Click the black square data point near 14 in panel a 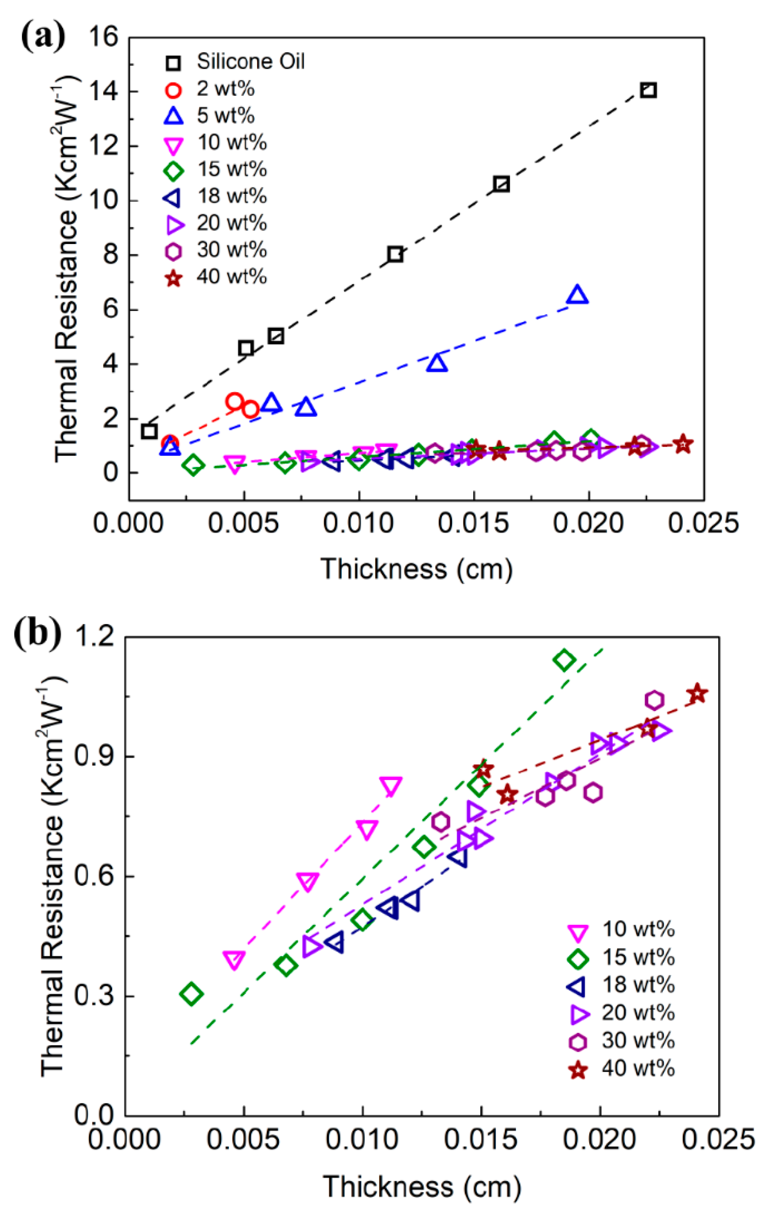[x=648, y=91]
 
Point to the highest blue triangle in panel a [x=577, y=295]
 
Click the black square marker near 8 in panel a [x=396, y=254]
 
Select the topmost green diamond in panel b [x=564, y=660]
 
